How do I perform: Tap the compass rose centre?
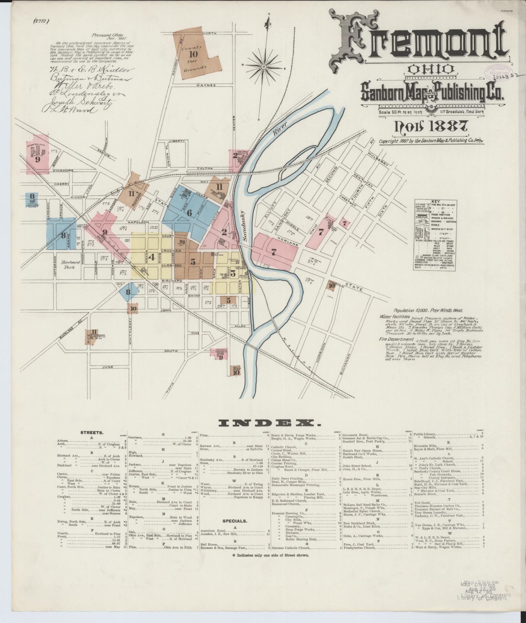pyautogui.click(x=263, y=67)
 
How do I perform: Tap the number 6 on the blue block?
pyautogui.click(x=189, y=212)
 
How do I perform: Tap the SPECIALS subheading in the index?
pyautogui.click(x=235, y=521)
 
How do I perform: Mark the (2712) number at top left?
pyautogui.click(x=41, y=21)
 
